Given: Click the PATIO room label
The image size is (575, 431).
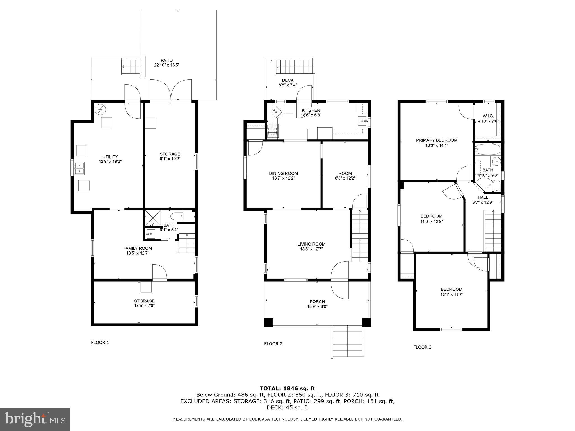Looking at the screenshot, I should point(166,60).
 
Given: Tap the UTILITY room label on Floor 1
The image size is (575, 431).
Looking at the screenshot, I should point(110,157).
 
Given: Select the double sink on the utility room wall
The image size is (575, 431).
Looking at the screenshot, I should point(79,168).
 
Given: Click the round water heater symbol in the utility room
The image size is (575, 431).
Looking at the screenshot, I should point(100,109).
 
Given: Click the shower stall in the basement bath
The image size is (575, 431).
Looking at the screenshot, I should point(152,218).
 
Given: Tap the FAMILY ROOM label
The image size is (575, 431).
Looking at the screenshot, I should point(138,248).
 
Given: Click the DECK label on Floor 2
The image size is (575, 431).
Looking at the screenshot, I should point(288,80).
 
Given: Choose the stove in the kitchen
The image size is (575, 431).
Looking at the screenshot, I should point(273,131).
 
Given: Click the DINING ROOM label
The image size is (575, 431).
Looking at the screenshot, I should point(283,173).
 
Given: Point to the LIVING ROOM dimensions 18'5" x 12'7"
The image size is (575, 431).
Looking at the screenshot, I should point(311,249).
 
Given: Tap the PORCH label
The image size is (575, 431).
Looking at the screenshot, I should point(317,302).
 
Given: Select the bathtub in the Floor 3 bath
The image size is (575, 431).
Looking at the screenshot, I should point(488,149).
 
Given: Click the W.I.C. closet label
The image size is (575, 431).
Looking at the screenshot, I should point(488,116).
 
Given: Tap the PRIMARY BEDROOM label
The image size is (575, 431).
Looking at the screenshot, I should point(437,140).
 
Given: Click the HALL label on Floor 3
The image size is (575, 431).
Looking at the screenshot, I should point(483,197).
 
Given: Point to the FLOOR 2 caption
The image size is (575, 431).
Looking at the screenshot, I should point(273,344).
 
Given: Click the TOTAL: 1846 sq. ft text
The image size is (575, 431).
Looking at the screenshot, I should point(287,389).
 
